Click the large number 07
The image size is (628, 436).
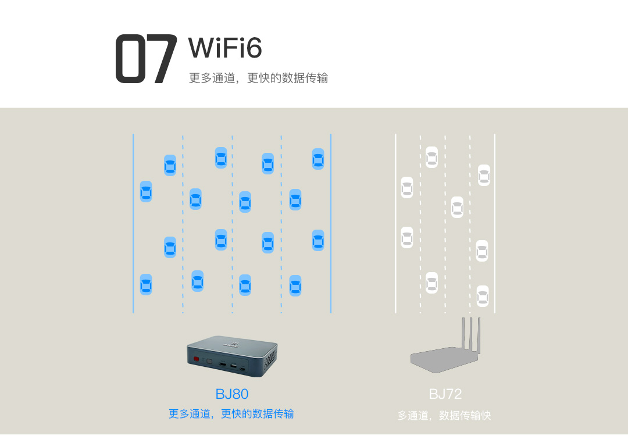146,59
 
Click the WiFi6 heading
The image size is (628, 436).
225,48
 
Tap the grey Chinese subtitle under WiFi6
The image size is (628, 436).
258,78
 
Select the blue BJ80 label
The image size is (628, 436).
232,394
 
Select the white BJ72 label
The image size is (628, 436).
445,394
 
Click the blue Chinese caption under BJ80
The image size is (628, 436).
231,413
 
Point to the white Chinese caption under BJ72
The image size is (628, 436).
444,415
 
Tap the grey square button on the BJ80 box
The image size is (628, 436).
209,361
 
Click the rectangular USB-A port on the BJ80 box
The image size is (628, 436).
234,366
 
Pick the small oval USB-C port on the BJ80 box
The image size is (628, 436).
242,367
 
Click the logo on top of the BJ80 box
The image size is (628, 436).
231,344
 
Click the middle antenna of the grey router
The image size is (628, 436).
472,334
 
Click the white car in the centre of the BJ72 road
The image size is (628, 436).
457,208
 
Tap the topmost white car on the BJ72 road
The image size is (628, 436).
431,157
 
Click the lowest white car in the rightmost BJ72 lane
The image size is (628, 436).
483,296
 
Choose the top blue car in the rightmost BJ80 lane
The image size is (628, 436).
318,159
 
